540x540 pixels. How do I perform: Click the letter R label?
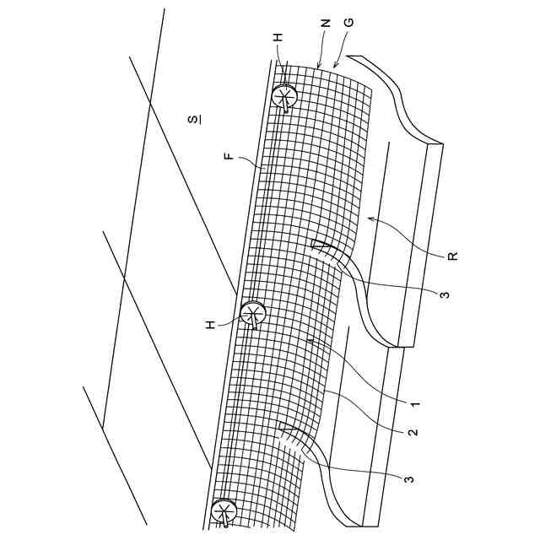[452, 256]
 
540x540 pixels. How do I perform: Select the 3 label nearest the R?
[444, 294]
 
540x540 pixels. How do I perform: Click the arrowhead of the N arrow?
[317, 67]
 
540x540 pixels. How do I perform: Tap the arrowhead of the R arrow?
[369, 219]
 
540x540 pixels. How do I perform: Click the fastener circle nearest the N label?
[284, 98]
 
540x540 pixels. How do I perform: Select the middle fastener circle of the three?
[252, 315]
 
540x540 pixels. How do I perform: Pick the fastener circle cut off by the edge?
[224, 511]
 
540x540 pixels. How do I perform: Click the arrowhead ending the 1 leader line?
[310, 341]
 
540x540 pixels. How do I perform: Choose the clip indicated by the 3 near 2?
[291, 435]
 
